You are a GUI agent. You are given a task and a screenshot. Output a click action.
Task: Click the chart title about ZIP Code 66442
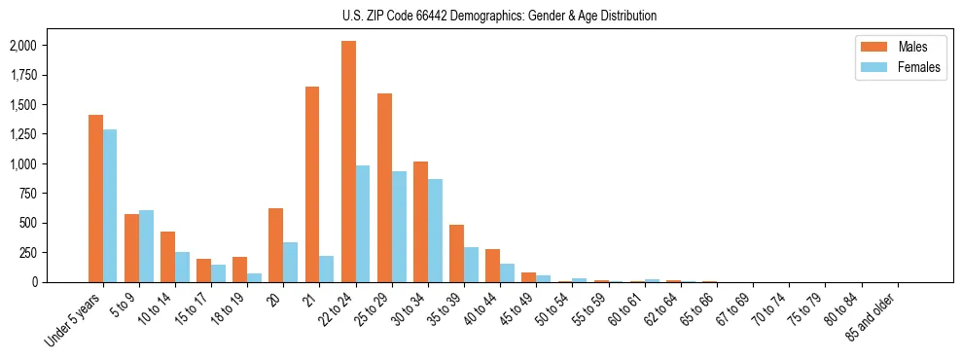499,16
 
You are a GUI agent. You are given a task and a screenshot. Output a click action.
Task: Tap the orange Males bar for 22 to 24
348,162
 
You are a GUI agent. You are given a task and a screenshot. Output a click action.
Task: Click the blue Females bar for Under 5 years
110,205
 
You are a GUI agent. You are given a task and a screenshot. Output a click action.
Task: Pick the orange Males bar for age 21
312,184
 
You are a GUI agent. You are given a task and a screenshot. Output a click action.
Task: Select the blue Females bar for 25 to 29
399,227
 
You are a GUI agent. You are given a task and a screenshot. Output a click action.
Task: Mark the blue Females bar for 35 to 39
471,265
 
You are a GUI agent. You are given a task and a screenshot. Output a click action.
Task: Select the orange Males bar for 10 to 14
167,257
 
